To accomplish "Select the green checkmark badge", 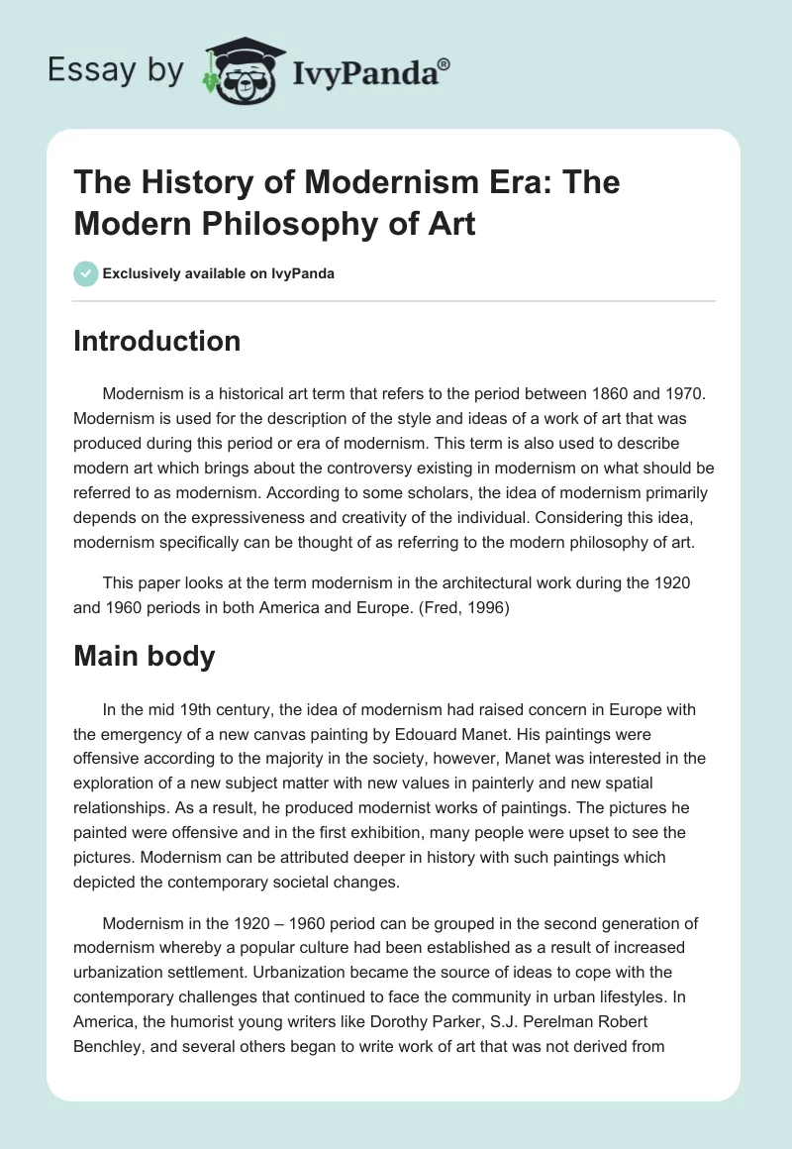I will tap(85, 273).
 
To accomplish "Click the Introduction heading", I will tap(157, 341).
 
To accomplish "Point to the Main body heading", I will tap(145, 655).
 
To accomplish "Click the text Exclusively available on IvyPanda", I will tap(219, 273).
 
